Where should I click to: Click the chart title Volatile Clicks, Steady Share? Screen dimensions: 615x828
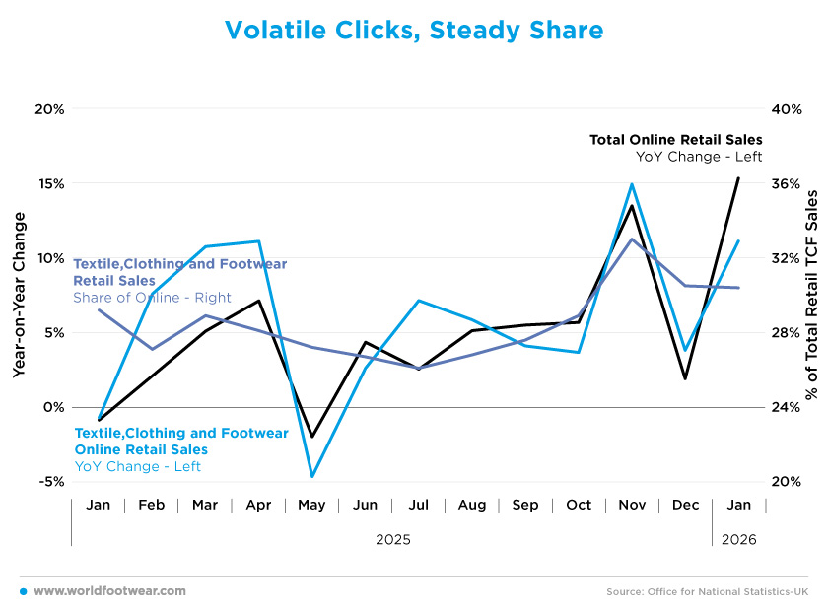414,31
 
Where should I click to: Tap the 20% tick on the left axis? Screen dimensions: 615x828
49,109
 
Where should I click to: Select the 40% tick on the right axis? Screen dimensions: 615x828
785,109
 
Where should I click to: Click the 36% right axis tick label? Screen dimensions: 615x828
785,184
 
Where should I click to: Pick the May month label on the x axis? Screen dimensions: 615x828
311,505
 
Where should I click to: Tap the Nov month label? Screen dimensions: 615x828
632,505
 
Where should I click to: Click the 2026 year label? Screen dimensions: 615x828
739,540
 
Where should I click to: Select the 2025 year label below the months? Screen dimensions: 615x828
393,540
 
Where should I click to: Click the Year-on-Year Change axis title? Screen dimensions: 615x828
20,295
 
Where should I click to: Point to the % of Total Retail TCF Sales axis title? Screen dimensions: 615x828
812,295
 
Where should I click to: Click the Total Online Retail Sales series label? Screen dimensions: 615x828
675,140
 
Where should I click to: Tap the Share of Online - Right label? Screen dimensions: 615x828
152,298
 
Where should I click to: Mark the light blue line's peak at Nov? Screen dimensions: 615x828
632,184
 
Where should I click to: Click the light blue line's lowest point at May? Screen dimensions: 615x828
311,476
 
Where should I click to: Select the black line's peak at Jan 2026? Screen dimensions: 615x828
738,178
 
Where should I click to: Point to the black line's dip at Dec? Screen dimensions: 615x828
685,378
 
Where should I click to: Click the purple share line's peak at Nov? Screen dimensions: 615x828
632,239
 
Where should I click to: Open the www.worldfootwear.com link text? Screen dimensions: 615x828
109,591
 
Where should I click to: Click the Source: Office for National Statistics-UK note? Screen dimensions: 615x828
707,591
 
